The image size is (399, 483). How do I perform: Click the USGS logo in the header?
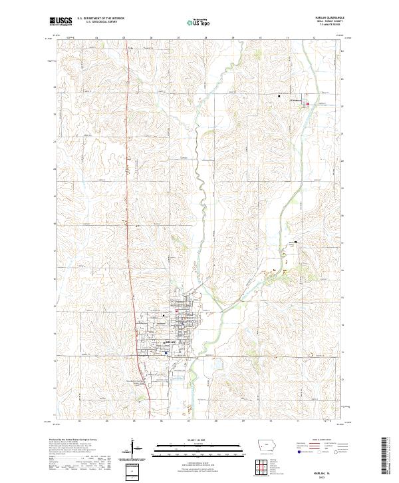click(61, 21)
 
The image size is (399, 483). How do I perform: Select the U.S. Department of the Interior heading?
click(100, 19)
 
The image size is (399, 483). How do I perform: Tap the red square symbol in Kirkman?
click(307, 104)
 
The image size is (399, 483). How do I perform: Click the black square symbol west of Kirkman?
click(279, 97)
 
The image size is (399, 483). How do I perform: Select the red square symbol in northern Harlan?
click(176, 310)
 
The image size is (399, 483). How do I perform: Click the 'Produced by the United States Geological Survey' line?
click(73, 440)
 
